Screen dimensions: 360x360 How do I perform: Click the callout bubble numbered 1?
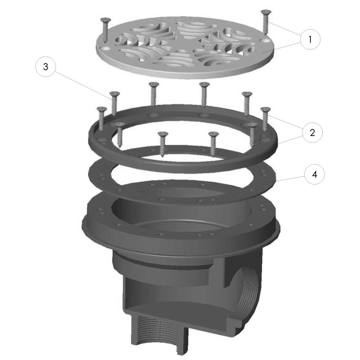(310, 40)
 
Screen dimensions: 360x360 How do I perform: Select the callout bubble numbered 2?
(312, 132)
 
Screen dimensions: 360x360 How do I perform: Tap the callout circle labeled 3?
(45, 67)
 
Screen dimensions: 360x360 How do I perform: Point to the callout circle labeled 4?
(315, 174)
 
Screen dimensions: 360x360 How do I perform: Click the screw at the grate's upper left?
(106, 30)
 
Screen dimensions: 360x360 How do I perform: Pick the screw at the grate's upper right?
(265, 22)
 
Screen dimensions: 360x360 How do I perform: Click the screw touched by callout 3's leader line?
(114, 104)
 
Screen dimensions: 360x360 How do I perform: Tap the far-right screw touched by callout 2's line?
(265, 119)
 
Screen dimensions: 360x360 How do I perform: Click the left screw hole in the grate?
(106, 49)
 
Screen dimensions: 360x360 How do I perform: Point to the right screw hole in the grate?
(265, 40)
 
